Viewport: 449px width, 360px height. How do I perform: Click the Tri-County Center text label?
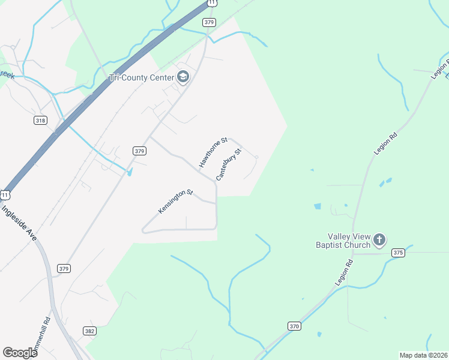coord(141,77)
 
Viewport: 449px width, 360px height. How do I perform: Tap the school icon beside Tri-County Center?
coord(183,77)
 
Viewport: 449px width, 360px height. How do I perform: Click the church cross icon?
coord(379,240)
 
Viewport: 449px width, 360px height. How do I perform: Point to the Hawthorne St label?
coord(213,152)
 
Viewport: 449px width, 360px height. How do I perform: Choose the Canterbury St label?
coord(228,165)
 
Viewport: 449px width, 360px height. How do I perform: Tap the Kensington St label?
coord(175,202)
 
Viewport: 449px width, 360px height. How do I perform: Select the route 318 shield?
coord(40,121)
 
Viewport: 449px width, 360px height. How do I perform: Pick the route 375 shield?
coord(397,253)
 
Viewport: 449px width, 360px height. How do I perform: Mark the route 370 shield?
coord(294,326)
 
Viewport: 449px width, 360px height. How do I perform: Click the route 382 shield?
coord(89,331)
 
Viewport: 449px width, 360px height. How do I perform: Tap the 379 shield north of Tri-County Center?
coord(209,22)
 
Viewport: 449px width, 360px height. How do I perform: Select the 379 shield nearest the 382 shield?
coord(64,268)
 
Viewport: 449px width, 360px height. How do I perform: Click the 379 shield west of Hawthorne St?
coord(139,151)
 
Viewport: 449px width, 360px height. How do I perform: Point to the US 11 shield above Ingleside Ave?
coord(5,195)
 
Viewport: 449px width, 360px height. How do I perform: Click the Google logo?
coord(20,353)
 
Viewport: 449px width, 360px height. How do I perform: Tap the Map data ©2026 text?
coord(423,355)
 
